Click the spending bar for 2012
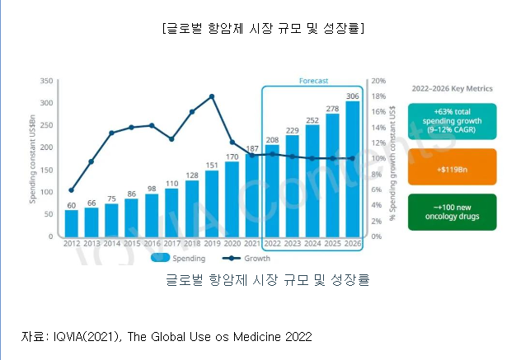(72, 222)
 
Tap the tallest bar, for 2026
(353, 168)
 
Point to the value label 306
(353, 96)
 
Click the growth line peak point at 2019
(213, 96)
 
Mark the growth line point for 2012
(72, 190)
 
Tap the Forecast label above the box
(313, 81)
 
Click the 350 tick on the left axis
(46, 81)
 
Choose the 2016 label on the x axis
(152, 243)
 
